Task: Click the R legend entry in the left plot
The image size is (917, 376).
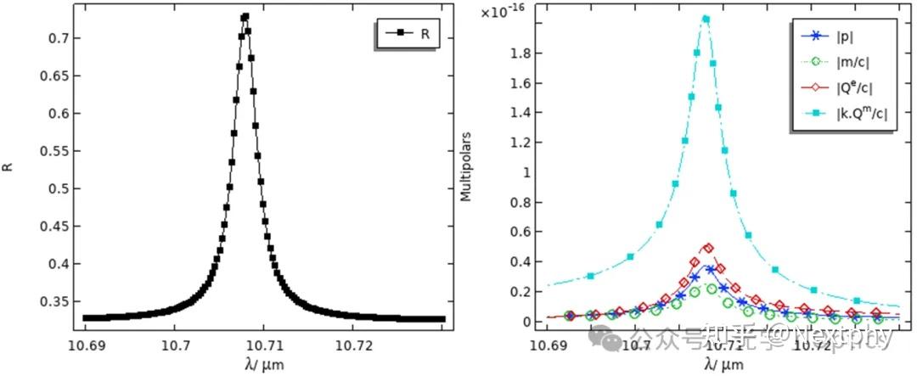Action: pos(408,34)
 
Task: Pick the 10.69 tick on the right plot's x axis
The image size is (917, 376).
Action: pos(548,345)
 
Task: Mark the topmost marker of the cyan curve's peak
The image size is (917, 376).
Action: pos(706,19)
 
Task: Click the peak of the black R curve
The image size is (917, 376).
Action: pos(245,16)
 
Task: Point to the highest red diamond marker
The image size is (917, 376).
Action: pos(708,248)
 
